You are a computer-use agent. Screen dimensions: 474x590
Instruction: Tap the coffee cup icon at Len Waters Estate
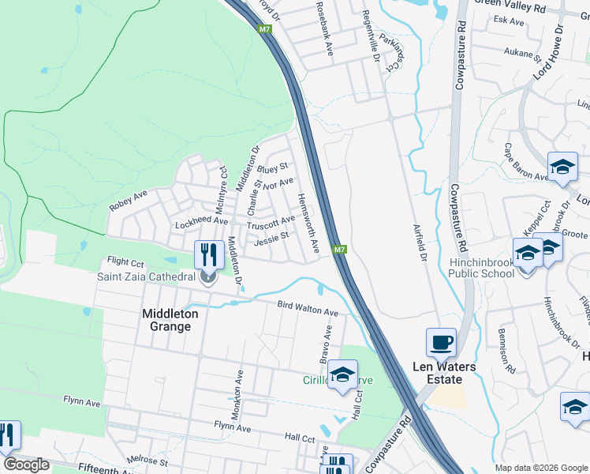(x=441, y=343)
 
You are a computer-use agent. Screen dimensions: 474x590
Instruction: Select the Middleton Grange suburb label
(x=166, y=320)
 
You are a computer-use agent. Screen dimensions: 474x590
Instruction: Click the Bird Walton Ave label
(x=308, y=309)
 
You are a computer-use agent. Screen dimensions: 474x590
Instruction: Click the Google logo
(x=26, y=465)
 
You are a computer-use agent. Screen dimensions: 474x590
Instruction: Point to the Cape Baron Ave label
(x=525, y=162)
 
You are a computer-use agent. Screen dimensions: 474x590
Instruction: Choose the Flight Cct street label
(x=125, y=261)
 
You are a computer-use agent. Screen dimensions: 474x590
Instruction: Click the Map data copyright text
(x=540, y=468)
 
